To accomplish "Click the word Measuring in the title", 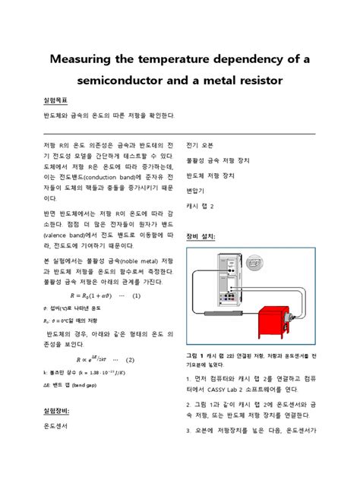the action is (82, 59).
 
